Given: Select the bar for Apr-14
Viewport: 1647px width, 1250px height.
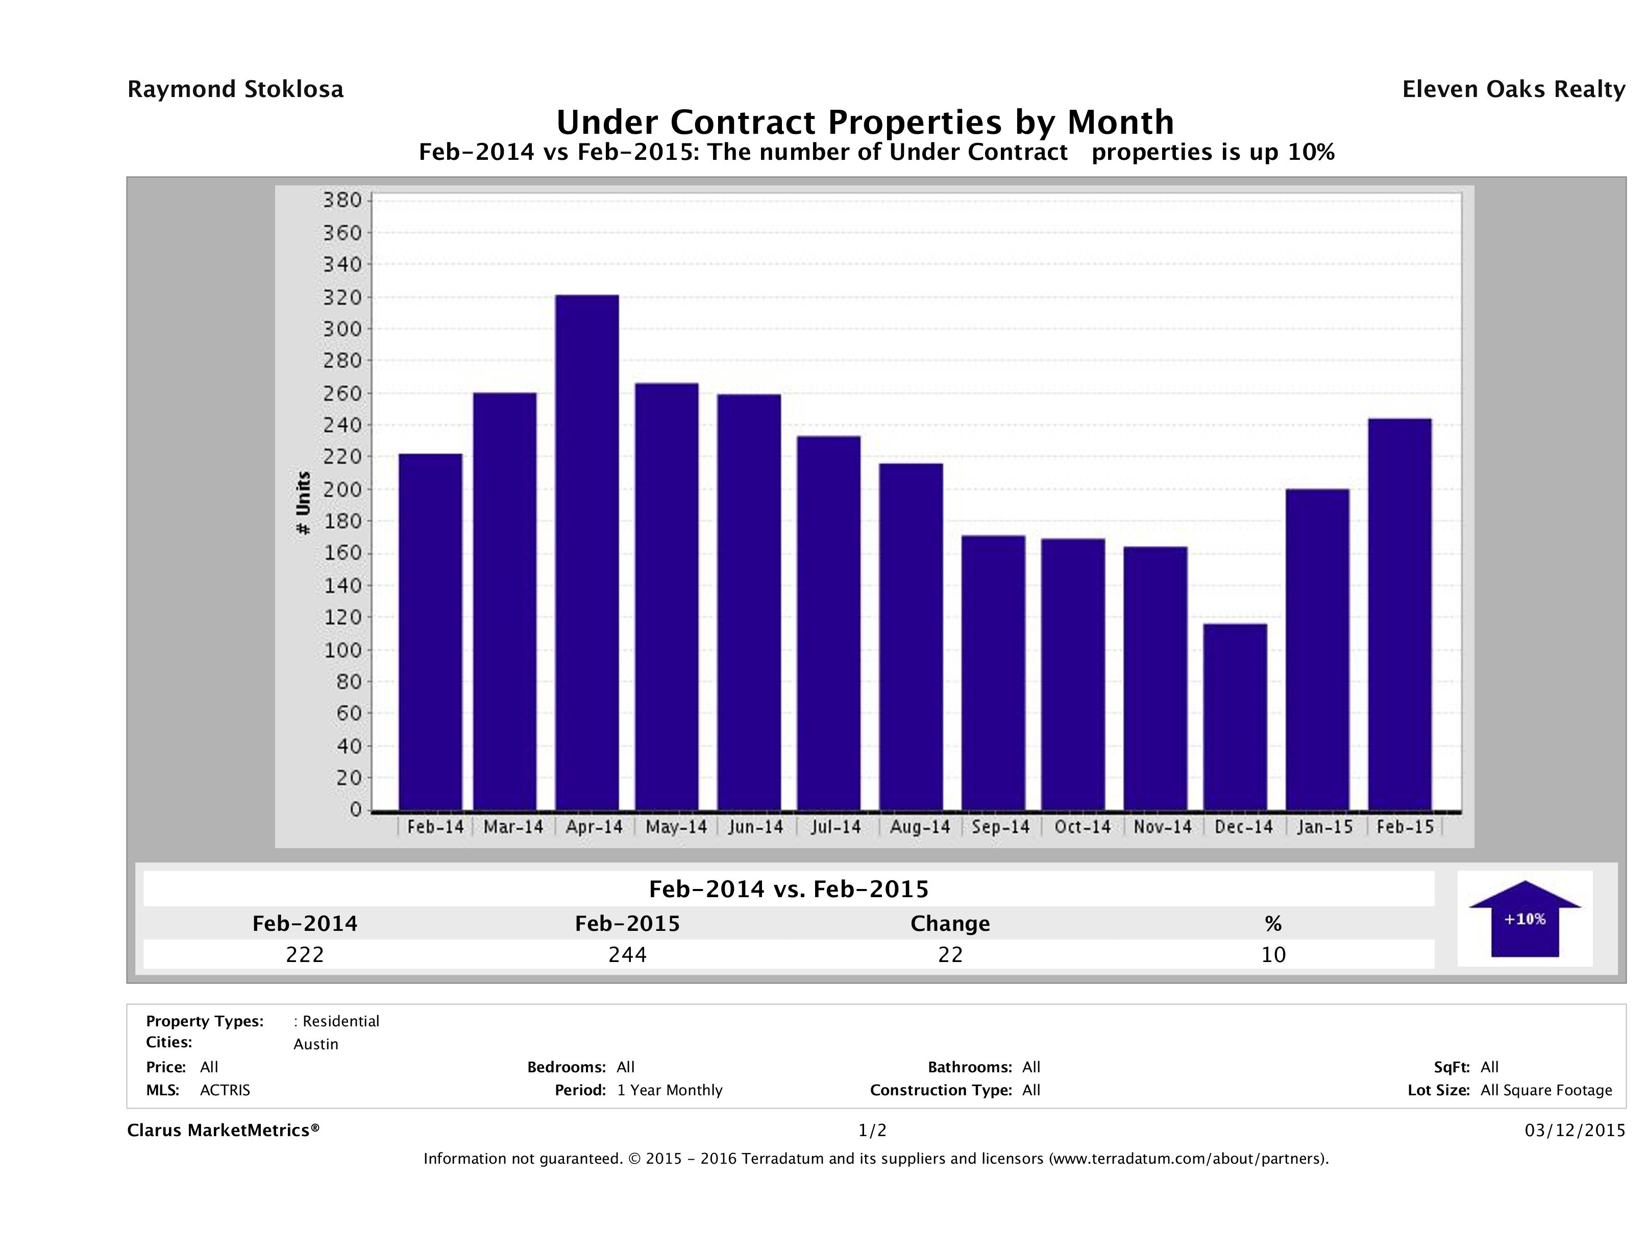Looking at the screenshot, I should (587, 552).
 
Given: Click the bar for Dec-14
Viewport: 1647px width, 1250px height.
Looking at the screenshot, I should (1235, 716).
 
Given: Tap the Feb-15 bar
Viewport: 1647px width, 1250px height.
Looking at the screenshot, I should (1400, 615).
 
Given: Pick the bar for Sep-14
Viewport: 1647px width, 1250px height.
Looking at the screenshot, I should (993, 672).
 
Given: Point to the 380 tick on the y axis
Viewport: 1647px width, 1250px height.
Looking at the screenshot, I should (342, 200).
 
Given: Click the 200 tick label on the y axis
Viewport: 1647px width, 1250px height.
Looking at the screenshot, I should (342, 489).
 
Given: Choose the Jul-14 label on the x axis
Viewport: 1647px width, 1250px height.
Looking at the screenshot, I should (836, 827).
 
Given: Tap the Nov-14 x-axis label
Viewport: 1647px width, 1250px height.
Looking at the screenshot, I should (1162, 827).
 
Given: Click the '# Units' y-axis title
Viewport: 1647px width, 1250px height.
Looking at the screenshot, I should (303, 503).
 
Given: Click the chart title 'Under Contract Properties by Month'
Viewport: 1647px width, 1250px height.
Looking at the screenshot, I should (865, 122).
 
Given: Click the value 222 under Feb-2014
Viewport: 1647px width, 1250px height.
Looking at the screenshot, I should (305, 954).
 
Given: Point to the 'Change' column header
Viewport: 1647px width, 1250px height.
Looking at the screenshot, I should (950, 924).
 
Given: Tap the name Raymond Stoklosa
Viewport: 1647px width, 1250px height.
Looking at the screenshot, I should (235, 89).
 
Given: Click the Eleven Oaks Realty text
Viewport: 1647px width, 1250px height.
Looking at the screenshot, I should (1513, 89).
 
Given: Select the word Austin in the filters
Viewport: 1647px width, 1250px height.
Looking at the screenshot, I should (316, 1044).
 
